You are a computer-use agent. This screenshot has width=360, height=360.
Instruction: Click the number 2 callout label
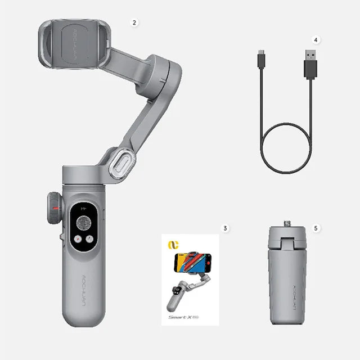click(x=134, y=22)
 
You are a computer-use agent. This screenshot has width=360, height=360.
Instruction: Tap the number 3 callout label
click(x=225, y=228)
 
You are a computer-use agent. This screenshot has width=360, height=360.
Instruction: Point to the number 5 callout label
click(x=316, y=228)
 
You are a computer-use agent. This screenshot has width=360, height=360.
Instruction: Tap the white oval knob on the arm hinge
click(x=122, y=163)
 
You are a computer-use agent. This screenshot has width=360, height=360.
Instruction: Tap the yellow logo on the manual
click(x=172, y=245)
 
